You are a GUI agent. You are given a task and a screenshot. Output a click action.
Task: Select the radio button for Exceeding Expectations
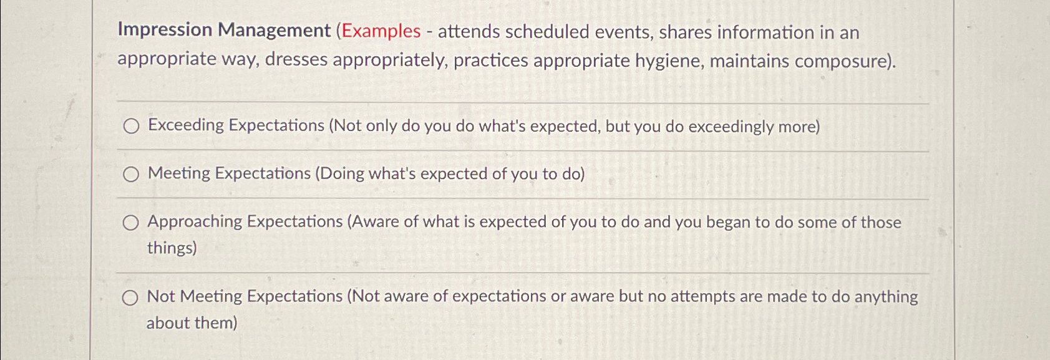(131, 127)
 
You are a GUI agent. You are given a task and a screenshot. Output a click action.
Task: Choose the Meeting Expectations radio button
(131, 175)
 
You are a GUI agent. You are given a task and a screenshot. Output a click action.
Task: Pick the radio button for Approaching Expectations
(130, 223)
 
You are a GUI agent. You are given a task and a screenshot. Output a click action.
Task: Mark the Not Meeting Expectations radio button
(130, 298)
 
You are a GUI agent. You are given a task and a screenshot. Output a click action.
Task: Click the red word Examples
(381, 31)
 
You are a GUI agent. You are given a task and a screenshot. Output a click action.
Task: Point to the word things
(169, 248)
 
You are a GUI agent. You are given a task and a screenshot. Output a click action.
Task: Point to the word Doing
(342, 173)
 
